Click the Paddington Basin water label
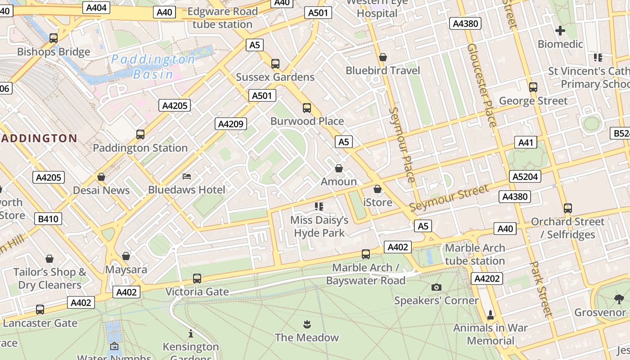[x=153, y=66]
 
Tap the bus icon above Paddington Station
[x=140, y=134]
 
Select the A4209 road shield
[x=231, y=124]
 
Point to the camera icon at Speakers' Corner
[x=436, y=287]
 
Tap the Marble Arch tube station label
[x=475, y=254]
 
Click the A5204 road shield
[x=525, y=176]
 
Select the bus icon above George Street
[x=533, y=87]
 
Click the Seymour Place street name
[x=401, y=144]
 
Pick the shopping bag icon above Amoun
[x=339, y=168]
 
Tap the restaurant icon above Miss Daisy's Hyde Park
[x=319, y=207]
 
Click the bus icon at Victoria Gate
[x=197, y=278]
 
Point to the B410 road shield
[x=48, y=219]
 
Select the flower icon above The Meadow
[x=307, y=324]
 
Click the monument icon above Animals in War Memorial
[x=490, y=314]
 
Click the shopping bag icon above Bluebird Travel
[x=383, y=57]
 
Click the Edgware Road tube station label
[x=222, y=18]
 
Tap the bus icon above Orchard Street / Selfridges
[x=567, y=208]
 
